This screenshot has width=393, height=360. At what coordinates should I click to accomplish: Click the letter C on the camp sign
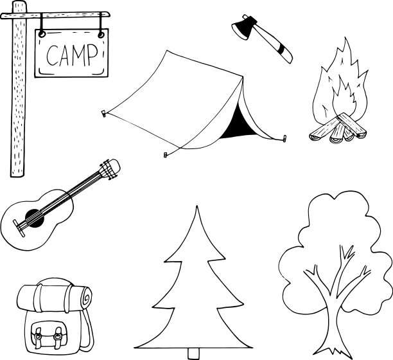[52, 55]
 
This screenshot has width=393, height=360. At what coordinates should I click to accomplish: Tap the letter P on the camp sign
[92, 55]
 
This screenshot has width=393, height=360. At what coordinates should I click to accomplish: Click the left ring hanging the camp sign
[42, 33]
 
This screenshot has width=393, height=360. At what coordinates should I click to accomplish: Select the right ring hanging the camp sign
[101, 35]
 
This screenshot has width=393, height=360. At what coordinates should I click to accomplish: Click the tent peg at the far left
[103, 113]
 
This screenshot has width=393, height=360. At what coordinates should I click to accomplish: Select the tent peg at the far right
[284, 138]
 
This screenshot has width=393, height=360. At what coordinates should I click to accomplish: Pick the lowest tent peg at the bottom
[165, 155]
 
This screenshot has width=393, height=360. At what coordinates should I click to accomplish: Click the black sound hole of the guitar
[35, 219]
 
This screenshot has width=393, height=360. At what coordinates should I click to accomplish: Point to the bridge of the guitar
[19, 228]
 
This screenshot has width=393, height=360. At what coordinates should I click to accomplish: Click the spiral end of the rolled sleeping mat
[86, 298]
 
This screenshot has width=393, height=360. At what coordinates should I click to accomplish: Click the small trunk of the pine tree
[194, 354]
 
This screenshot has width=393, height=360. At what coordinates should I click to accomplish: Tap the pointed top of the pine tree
[197, 207]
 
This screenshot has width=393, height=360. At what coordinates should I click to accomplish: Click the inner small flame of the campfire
[344, 98]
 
